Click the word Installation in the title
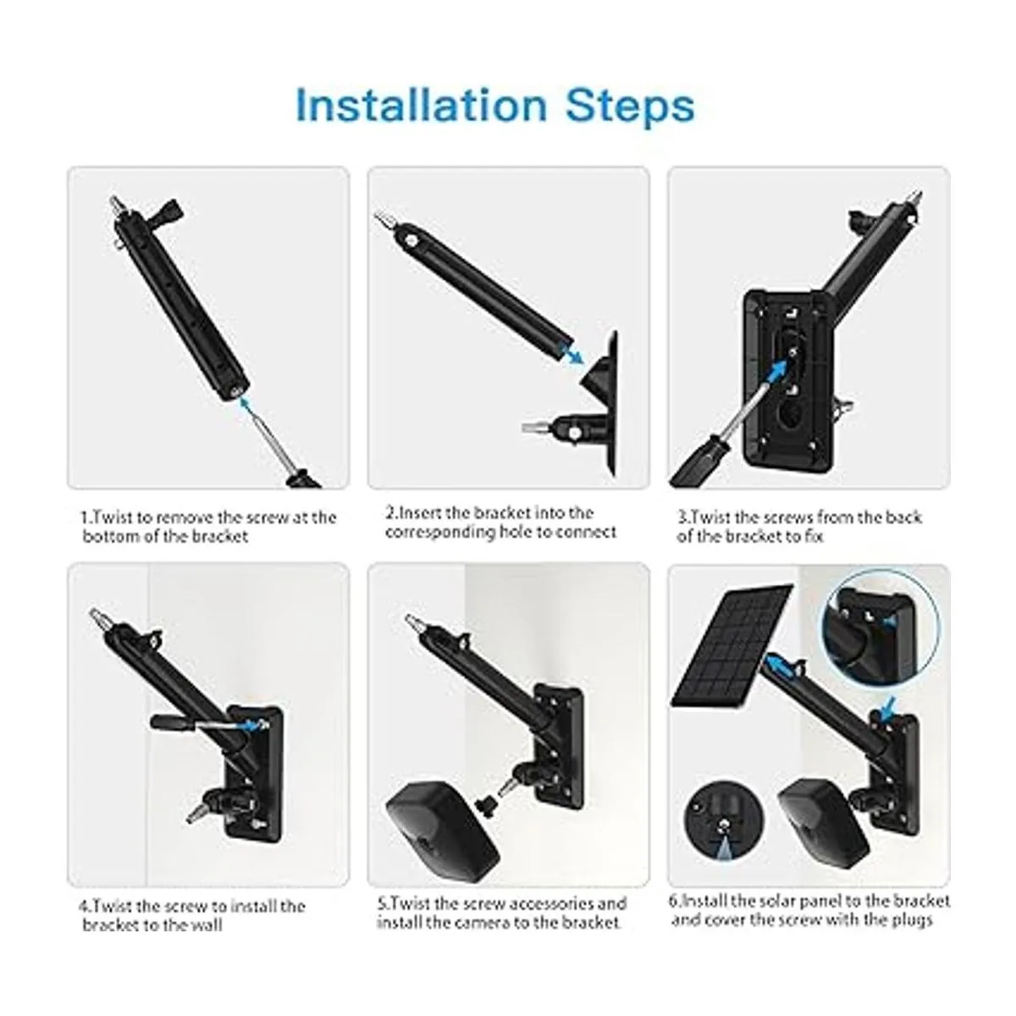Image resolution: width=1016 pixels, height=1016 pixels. (x=422, y=106)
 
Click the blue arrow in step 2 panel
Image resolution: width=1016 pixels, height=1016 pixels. (x=571, y=351)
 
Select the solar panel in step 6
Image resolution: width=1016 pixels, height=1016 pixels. (x=732, y=645)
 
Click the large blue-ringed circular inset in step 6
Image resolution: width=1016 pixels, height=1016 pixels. (x=879, y=628)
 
